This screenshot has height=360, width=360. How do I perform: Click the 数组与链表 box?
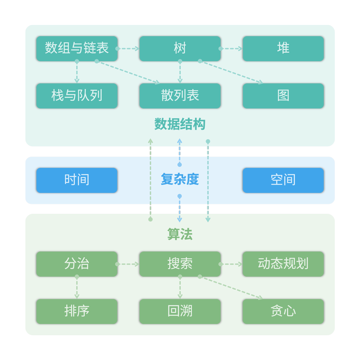(x=76, y=49)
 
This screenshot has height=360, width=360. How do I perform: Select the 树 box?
(x=180, y=49)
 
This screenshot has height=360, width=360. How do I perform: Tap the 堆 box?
(x=283, y=49)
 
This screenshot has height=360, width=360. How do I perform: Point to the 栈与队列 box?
(x=76, y=96)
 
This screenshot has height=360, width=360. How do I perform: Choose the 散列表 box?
(x=180, y=96)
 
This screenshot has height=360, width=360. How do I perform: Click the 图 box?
(x=283, y=96)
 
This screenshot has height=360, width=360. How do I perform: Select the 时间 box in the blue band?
(x=76, y=180)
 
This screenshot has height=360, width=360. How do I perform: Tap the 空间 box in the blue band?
(x=283, y=180)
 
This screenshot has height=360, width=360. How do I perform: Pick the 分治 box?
(x=76, y=264)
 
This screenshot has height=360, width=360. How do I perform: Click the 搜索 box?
(x=180, y=264)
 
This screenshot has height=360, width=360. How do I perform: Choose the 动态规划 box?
(x=283, y=264)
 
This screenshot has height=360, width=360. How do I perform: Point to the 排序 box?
(x=76, y=311)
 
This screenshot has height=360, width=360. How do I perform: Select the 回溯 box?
(x=180, y=311)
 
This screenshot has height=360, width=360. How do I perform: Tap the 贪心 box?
(x=283, y=311)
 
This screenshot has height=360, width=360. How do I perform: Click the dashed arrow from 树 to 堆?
(x=232, y=49)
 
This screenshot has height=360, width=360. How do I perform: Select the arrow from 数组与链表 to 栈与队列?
(x=77, y=72)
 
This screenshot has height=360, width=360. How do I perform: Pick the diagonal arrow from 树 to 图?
(x=231, y=72)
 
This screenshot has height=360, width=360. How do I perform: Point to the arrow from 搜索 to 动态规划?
(x=232, y=264)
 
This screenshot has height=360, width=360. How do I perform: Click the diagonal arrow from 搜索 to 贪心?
(x=231, y=288)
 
